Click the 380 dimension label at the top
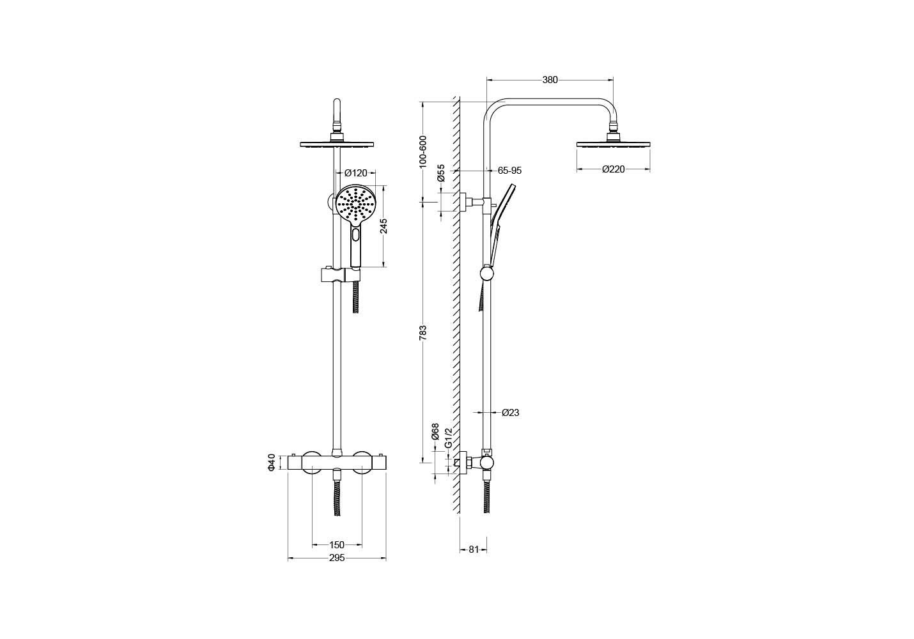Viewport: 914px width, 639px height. pyautogui.click(x=550, y=80)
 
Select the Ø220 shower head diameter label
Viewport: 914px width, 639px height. pyautogui.click(x=614, y=169)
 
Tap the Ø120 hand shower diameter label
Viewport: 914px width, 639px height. pyautogui.click(x=356, y=173)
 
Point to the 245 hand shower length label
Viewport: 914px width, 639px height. pyautogui.click(x=383, y=226)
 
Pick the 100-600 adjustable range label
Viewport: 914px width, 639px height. pyautogui.click(x=422, y=151)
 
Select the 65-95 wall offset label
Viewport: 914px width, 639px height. pyautogui.click(x=509, y=171)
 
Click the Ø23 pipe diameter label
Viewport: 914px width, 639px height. pyautogui.click(x=511, y=413)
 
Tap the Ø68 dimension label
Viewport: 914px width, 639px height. pyautogui.click(x=435, y=431)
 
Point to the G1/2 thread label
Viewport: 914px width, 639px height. pyautogui.click(x=448, y=438)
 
